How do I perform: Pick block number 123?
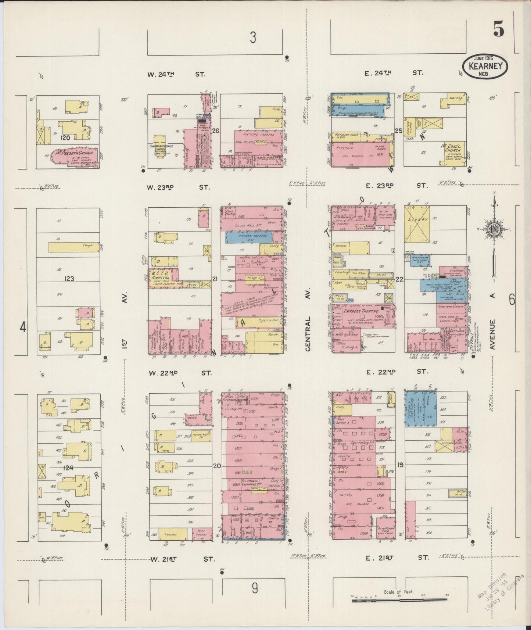69,279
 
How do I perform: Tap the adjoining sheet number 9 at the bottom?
254,588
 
